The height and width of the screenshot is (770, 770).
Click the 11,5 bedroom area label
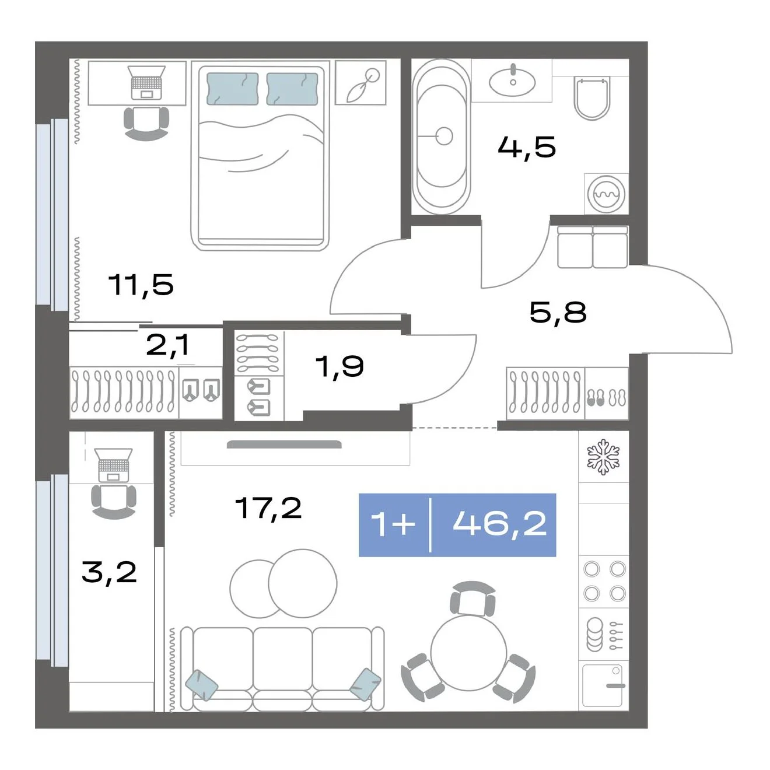[x=141, y=285]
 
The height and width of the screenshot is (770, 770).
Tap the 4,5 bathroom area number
[x=527, y=147]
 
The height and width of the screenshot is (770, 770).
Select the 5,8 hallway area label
[x=558, y=312]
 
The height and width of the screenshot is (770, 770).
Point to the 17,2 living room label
[x=268, y=508]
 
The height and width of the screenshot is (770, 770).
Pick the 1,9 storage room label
[x=339, y=366]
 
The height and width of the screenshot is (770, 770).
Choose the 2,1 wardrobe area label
[x=167, y=345]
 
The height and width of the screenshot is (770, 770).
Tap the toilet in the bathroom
[x=593, y=98]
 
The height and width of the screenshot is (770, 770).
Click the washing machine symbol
[x=606, y=194]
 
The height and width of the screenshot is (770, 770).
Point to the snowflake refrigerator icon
[x=603, y=457]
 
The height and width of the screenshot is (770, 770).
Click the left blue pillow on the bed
[x=232, y=89]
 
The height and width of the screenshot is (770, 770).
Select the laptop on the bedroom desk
[x=146, y=82]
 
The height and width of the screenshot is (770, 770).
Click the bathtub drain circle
[x=444, y=136]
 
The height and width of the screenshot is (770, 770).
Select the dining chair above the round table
[x=473, y=598]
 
